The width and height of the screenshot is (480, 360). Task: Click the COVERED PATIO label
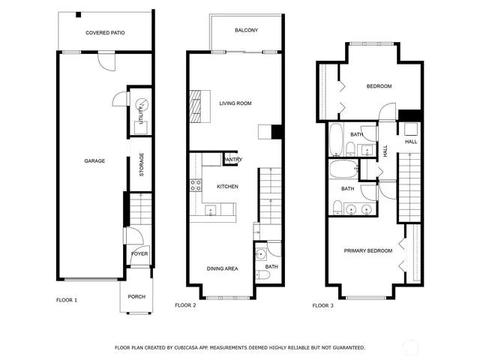[x=105, y=33]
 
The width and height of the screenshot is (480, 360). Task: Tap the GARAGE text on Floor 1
[x=94, y=160]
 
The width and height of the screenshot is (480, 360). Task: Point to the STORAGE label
[x=141, y=169]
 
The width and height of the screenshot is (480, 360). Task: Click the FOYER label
[x=139, y=253]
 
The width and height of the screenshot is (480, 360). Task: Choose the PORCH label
[x=136, y=296]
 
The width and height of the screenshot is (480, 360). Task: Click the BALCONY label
[x=246, y=30]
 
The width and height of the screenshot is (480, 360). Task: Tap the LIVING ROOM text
[x=235, y=103]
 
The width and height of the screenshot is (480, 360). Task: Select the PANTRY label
[x=232, y=160]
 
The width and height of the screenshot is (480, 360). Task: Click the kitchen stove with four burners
[x=195, y=184]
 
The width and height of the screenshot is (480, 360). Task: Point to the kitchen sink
[x=211, y=210]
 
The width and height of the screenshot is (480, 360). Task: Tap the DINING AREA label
[x=223, y=268]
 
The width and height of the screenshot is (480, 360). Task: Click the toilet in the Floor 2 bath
[x=263, y=274]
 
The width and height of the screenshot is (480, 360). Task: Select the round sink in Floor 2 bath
[x=260, y=253]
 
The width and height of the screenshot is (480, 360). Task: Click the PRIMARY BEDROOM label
[x=367, y=250]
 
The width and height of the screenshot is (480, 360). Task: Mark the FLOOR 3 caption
[x=323, y=305]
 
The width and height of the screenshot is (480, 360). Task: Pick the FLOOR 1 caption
[x=67, y=300]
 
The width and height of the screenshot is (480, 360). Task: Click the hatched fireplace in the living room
[x=196, y=105]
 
